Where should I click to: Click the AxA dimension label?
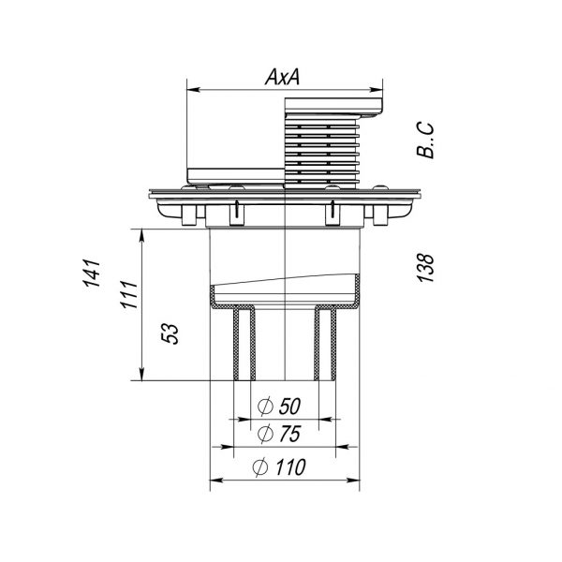point(283,77)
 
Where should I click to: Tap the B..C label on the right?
point(425,140)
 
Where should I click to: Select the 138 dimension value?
point(425,268)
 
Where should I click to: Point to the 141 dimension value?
point(92,274)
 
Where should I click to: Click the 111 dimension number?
point(129,295)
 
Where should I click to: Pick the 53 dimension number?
point(170,334)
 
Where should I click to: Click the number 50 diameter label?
point(289,407)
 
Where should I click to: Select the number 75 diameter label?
point(289,434)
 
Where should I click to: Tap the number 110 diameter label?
point(290,467)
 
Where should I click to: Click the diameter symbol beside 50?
point(266,407)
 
